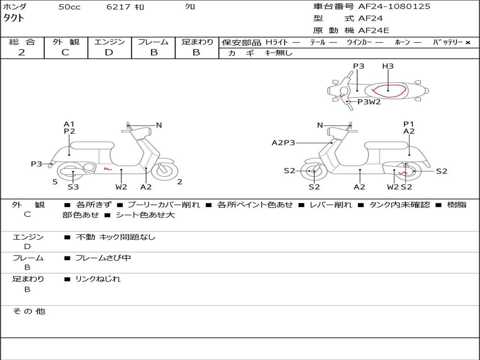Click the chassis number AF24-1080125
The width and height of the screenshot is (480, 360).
[394, 7]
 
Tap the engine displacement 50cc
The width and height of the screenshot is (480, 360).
[69, 7]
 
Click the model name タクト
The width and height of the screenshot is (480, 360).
[14, 18]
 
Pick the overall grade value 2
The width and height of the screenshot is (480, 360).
[22, 52]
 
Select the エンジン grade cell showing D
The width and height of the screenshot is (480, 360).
[109, 52]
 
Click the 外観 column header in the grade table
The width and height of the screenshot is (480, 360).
[66, 42]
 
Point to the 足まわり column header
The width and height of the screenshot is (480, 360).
[197, 42]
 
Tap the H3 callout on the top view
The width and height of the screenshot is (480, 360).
[388, 66]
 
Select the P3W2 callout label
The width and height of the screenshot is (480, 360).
[369, 102]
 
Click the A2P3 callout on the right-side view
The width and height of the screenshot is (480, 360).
[283, 143]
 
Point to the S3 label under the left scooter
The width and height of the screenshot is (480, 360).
[73, 187]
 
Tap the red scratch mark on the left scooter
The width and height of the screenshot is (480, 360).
[107, 167]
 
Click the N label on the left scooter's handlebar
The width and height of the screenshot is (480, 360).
[159, 125]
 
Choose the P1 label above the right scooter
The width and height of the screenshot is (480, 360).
[409, 124]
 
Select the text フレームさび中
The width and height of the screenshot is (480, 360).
[103, 258]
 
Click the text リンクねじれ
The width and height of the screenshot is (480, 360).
[98, 279]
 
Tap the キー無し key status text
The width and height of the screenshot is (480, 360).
[278, 53]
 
